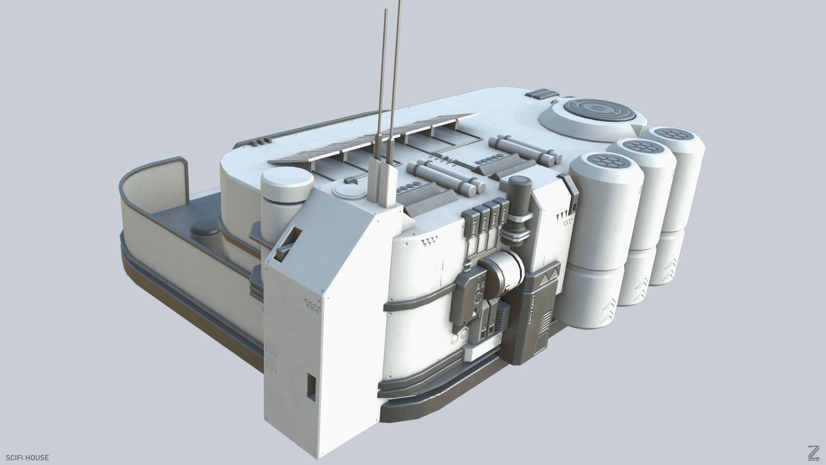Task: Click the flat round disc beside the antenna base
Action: (x=347, y=190)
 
